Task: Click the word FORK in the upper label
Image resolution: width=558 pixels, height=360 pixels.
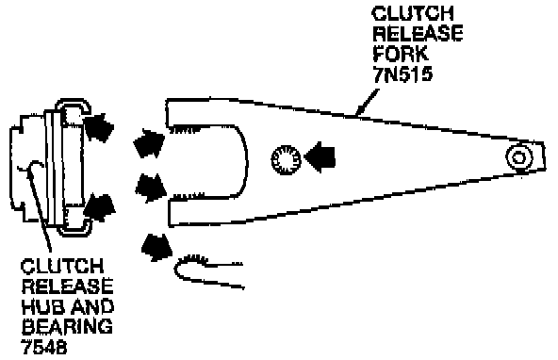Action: [x=400, y=54]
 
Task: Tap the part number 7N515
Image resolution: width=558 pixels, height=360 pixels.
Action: [x=402, y=74]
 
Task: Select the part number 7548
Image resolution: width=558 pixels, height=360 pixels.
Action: [x=44, y=346]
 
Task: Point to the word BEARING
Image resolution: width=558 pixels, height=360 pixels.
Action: [x=67, y=326]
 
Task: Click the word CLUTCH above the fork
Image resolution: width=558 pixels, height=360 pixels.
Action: [x=413, y=13]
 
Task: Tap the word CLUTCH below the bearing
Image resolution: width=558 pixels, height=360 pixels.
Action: [x=62, y=266]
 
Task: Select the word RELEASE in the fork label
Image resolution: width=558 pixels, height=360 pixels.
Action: [x=418, y=33]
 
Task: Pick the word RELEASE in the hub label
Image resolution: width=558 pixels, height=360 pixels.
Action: [x=68, y=286]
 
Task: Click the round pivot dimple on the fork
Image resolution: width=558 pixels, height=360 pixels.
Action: [x=286, y=159]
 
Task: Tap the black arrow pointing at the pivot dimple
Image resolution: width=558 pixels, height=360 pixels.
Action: [x=319, y=157]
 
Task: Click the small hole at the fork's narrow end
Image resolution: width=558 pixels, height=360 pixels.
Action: [x=518, y=156]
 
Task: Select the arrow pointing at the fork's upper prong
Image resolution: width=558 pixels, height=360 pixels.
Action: [x=149, y=143]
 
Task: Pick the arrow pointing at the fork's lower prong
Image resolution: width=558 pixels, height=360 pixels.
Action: [x=151, y=188]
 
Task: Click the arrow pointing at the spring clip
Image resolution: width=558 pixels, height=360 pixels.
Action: [x=156, y=247]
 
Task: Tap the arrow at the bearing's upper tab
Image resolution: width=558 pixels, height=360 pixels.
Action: [x=99, y=128]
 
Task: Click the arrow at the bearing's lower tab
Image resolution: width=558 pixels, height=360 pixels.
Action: [x=99, y=207]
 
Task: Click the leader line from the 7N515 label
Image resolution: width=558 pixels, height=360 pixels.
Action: [x=368, y=103]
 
